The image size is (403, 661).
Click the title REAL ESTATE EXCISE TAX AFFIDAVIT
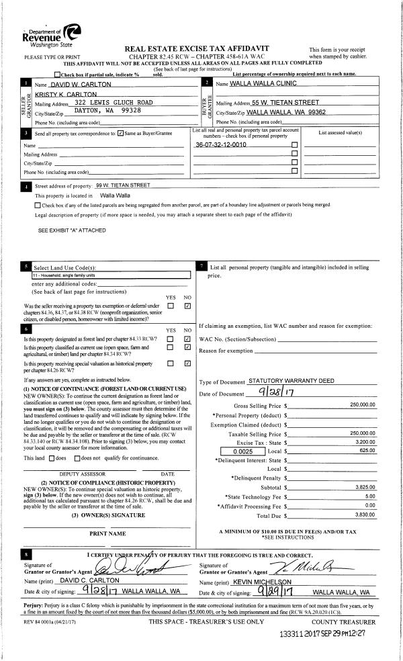[197, 49]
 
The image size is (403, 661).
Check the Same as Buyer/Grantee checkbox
[120, 133]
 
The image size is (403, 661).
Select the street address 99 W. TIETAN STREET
[124, 185]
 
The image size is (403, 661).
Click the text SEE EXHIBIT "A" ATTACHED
[72, 230]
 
